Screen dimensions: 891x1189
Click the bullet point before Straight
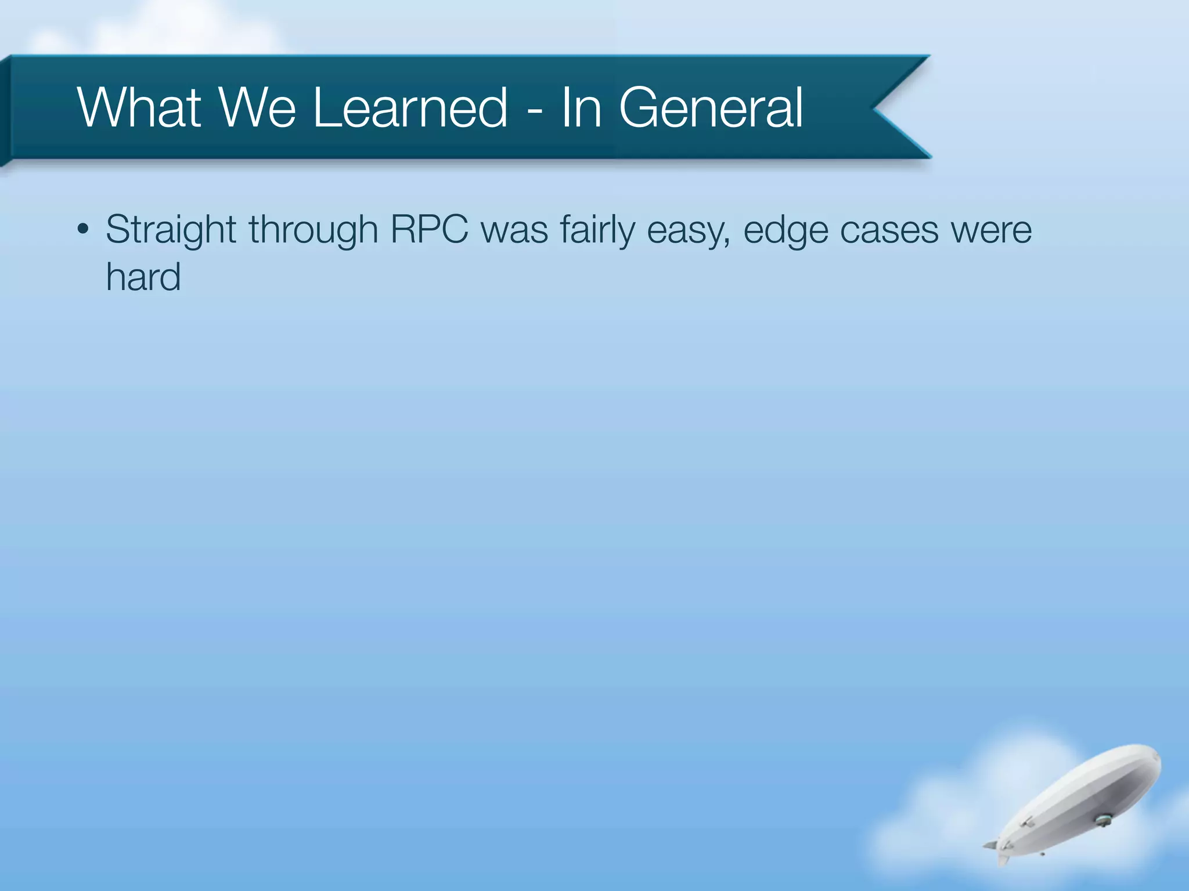(83, 230)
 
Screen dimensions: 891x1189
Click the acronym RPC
(429, 229)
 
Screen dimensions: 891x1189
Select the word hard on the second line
(143, 277)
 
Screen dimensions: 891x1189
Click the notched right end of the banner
(897, 107)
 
